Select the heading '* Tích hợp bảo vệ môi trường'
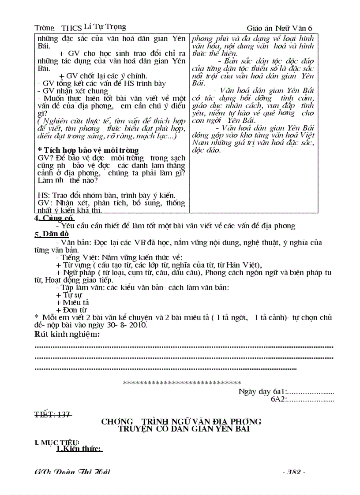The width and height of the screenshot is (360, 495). (x=88, y=150)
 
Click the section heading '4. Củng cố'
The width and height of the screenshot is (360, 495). (x=54, y=218)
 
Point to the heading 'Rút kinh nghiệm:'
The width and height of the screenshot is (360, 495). (x=67, y=335)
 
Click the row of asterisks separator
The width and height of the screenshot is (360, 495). (x=181, y=383)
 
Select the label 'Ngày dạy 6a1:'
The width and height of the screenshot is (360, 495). (x=263, y=391)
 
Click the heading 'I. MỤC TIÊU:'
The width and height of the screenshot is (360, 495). (x=57, y=442)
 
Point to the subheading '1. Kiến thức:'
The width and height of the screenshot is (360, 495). (x=79, y=449)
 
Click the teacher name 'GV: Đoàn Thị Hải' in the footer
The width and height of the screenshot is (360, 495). (x=72, y=472)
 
